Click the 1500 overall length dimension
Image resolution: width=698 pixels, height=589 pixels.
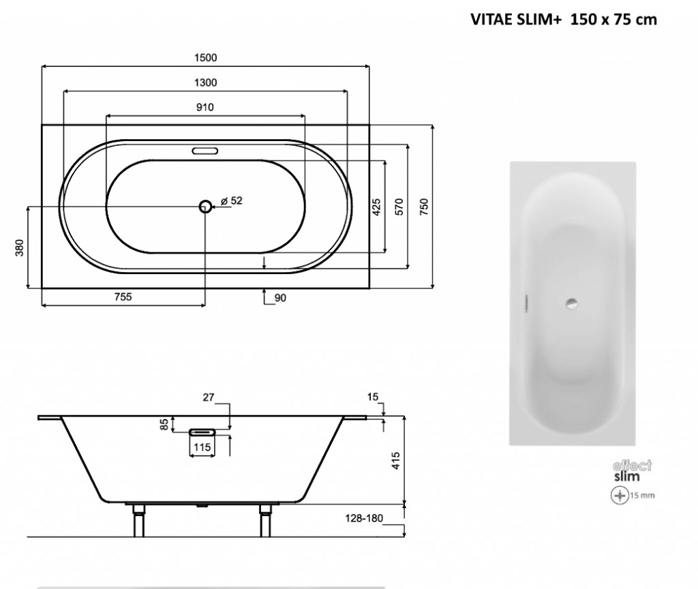pyautogui.click(x=206, y=58)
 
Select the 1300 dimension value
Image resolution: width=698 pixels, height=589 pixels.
pyautogui.click(x=206, y=82)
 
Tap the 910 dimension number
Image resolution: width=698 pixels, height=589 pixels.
pyautogui.click(x=206, y=107)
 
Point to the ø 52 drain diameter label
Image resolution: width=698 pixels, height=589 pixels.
pyautogui.click(x=232, y=201)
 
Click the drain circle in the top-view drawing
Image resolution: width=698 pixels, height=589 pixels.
pyautogui.click(x=205, y=206)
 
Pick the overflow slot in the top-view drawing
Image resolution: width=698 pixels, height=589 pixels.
pyautogui.click(x=204, y=151)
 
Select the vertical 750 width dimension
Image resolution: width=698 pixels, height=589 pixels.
pyautogui.click(x=424, y=206)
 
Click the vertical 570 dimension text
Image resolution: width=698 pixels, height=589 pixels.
pyautogui.click(x=399, y=207)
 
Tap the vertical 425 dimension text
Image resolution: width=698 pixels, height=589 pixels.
pyautogui.click(x=376, y=207)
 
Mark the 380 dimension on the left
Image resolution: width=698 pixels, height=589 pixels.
pyautogui.click(x=20, y=247)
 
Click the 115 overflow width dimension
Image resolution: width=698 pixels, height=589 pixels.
pyautogui.click(x=201, y=448)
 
